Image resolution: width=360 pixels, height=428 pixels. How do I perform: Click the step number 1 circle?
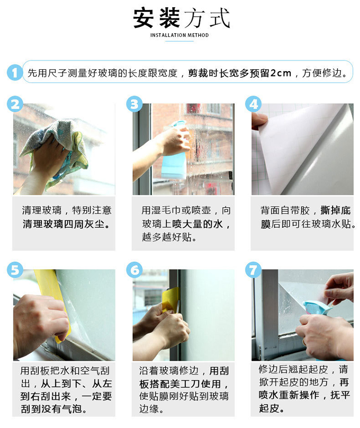[15, 73]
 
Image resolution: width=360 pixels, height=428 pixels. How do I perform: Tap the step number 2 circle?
[15, 104]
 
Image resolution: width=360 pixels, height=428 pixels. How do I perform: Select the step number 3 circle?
[134, 104]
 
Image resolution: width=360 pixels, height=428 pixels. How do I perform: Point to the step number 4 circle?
[253, 104]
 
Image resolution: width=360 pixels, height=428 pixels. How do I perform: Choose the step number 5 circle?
[15, 269]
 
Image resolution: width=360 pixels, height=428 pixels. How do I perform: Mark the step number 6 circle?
[134, 269]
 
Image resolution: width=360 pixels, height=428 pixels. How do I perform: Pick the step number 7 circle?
[253, 269]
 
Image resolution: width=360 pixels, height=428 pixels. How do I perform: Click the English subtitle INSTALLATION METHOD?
[180, 35]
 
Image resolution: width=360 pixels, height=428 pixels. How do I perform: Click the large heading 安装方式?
[181, 18]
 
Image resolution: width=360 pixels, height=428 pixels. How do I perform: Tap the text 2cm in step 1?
[281, 73]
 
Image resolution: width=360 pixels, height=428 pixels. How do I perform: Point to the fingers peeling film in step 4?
[259, 121]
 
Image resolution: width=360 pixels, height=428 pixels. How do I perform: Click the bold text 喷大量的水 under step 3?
[197, 224]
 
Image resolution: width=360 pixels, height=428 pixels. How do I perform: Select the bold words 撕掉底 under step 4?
[335, 210]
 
